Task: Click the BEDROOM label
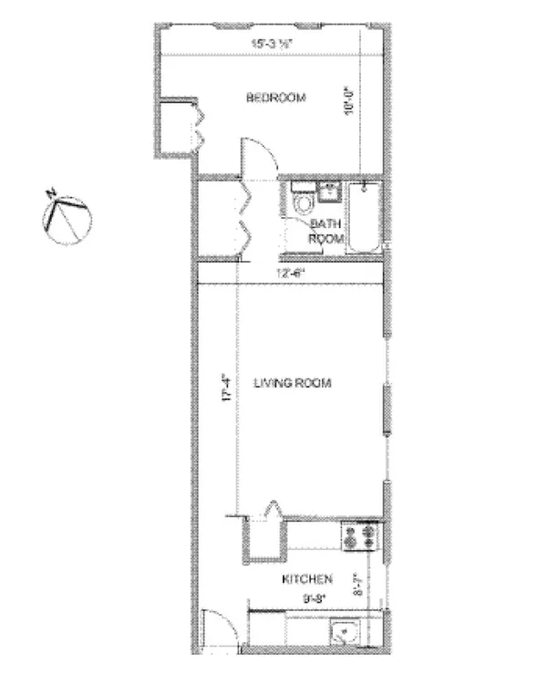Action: tap(275, 99)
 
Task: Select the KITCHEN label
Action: tap(306, 578)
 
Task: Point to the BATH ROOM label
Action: tap(326, 231)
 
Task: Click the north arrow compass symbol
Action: tap(67, 218)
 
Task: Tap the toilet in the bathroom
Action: tap(303, 202)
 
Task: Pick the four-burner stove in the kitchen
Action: tap(358, 538)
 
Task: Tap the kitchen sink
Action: tap(347, 632)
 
